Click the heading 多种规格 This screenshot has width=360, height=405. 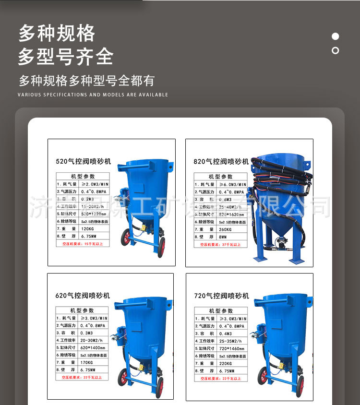pos(57,33)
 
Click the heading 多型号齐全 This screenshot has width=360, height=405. pos(66,57)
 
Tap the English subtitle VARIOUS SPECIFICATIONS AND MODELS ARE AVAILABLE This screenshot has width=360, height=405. pos(93,95)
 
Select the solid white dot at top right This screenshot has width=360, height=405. pos(336,36)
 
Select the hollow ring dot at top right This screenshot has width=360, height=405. pos(336,50)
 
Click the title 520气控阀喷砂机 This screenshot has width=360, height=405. pos(83,162)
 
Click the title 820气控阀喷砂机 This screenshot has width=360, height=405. pos(221,162)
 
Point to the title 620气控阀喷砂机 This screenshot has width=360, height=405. pos(83,296)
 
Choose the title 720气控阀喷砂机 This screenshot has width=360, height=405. pos(221,296)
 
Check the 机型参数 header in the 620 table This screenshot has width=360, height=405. pos(83,310)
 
